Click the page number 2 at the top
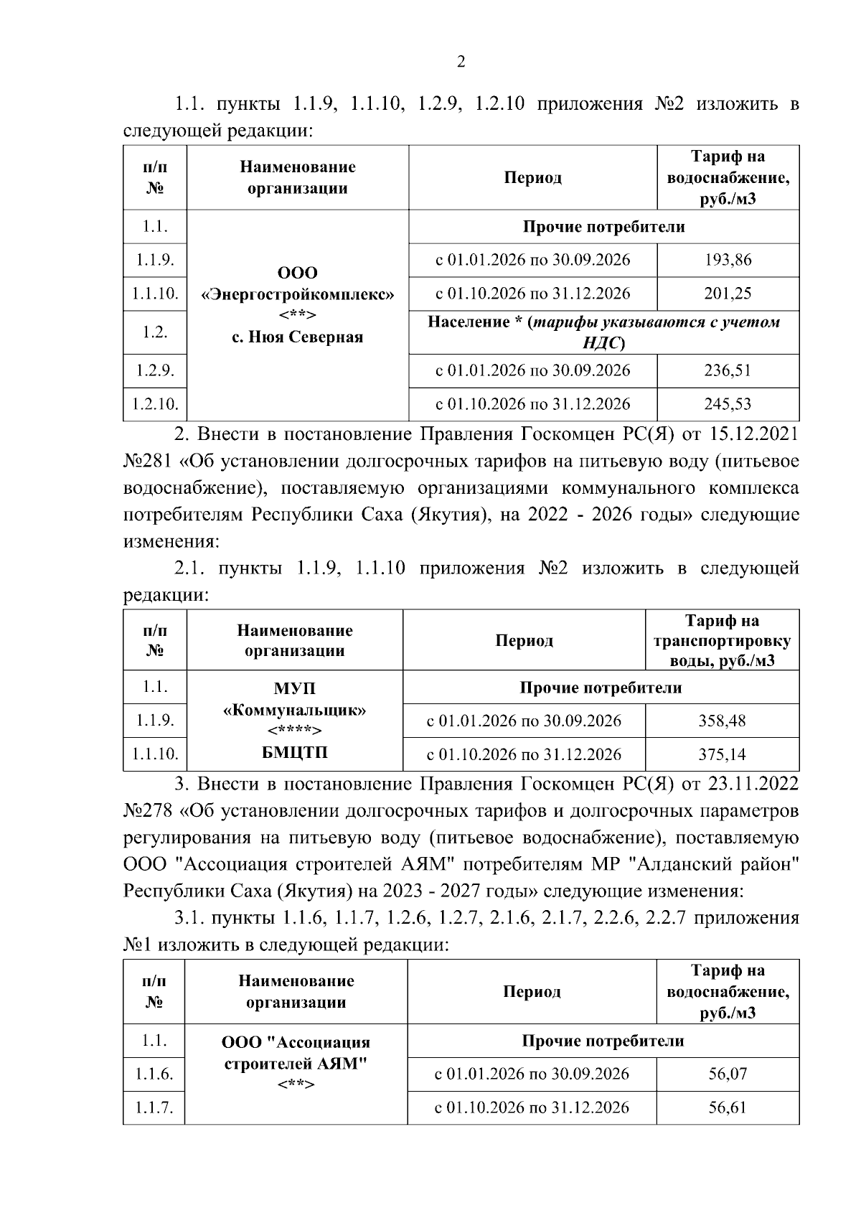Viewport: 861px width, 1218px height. click(x=461, y=62)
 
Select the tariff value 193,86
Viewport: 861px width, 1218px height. click(x=728, y=260)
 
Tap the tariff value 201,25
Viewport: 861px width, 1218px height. click(x=728, y=294)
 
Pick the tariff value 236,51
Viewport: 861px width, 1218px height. click(x=728, y=370)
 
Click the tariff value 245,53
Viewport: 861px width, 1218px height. click(x=728, y=404)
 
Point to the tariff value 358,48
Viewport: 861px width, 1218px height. click(x=722, y=721)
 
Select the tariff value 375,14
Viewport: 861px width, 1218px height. click(x=722, y=754)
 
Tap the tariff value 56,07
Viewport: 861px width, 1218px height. click(x=728, y=1074)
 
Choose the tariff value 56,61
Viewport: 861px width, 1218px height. click(x=728, y=1107)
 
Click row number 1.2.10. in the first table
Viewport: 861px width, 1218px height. click(x=155, y=404)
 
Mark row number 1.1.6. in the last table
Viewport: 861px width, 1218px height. click(x=154, y=1074)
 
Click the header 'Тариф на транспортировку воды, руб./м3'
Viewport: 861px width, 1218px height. click(x=722, y=640)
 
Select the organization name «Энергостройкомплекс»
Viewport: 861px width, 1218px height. click(x=298, y=294)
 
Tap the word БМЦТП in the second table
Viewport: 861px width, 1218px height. click(x=295, y=753)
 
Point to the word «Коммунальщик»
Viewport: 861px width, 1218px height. click(x=295, y=711)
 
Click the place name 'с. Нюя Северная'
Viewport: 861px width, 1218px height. click(x=298, y=337)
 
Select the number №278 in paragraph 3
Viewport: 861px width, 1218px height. click(x=148, y=811)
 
